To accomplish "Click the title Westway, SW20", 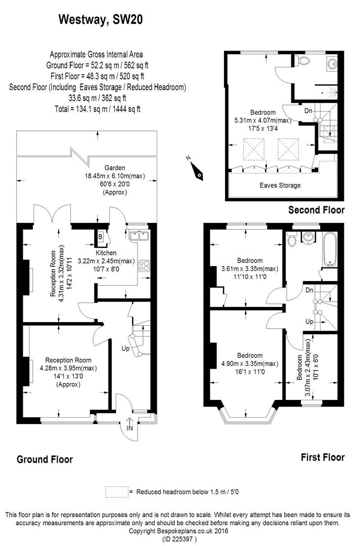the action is [x=100, y=20].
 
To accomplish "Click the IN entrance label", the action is [x=129, y=428].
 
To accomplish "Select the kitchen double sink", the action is [x=139, y=236].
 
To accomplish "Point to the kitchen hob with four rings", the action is [x=144, y=266].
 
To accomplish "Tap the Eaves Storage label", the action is [x=280, y=185].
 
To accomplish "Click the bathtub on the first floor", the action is [x=330, y=249].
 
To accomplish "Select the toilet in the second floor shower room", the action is [x=303, y=61].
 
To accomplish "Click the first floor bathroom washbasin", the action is [x=308, y=238].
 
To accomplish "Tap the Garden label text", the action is [x=115, y=168].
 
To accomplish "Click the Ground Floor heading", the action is [x=45, y=460].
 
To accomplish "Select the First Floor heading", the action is [x=323, y=457].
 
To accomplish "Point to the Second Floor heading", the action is [x=317, y=210].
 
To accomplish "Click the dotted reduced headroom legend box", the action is [x=117, y=492].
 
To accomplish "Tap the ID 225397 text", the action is [x=179, y=539].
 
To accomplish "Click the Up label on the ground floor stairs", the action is [x=125, y=348].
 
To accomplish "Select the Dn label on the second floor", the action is [x=308, y=111].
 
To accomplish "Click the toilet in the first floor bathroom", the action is [x=291, y=240].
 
